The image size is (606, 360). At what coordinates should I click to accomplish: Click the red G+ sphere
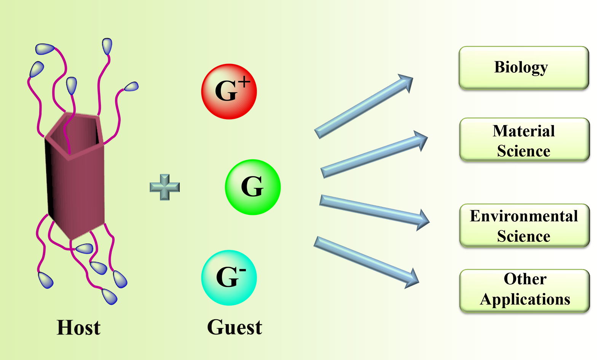[x=229, y=91]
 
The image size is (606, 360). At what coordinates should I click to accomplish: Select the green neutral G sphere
[x=253, y=187]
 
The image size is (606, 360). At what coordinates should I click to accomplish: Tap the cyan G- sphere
[x=229, y=278]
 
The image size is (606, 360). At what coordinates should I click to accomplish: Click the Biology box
[x=524, y=68]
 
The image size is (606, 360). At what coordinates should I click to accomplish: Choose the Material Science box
[x=524, y=140]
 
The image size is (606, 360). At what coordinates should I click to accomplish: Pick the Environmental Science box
[x=524, y=226]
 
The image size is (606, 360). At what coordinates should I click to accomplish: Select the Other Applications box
[x=524, y=291]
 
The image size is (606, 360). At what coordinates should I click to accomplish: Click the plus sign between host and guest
[x=165, y=187]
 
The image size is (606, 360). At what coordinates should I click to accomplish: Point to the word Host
[x=78, y=328]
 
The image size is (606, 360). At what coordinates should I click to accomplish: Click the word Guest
[x=234, y=327]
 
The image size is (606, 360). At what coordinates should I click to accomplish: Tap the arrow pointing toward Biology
[x=364, y=106]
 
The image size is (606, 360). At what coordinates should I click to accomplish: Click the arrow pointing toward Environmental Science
[x=375, y=212]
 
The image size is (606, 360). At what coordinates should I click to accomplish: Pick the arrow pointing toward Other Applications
[x=366, y=262]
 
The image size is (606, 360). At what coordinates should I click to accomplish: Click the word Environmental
[x=524, y=216]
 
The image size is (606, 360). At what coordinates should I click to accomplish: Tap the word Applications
[x=525, y=299]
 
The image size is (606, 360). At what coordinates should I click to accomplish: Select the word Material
[x=524, y=131]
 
